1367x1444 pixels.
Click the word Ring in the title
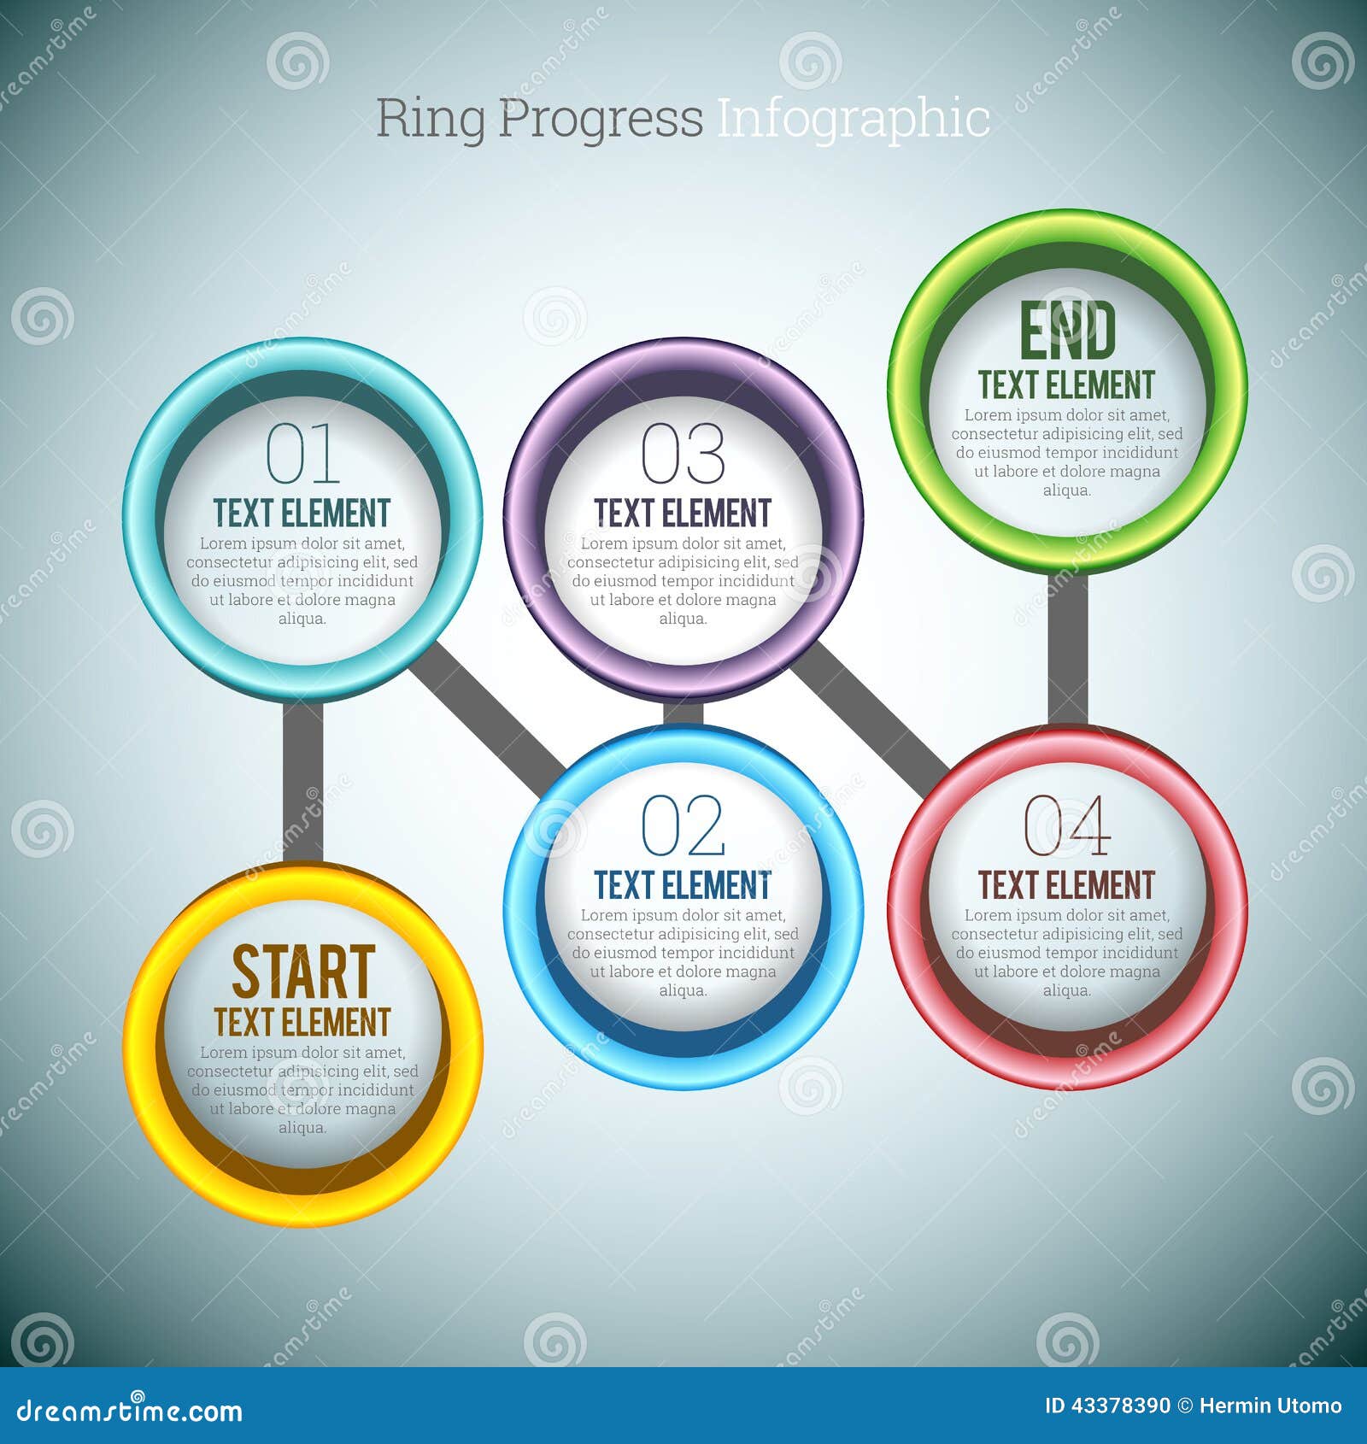click(430, 119)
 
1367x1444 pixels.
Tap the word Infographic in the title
click(853, 119)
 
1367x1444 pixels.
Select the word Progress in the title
click(600, 119)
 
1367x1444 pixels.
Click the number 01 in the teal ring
click(302, 454)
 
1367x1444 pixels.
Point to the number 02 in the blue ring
click(683, 825)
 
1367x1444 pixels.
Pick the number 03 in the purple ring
click(683, 454)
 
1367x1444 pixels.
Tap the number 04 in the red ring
click(1066, 825)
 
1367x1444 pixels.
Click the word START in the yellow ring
click(302, 972)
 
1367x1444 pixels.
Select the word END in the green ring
click(1067, 332)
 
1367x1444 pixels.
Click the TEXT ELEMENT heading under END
click(1066, 385)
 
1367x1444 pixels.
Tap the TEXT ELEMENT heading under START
click(302, 1023)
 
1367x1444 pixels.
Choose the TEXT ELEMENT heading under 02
click(683, 886)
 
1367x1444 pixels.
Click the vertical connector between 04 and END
click(1067, 649)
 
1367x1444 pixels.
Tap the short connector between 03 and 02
click(683, 713)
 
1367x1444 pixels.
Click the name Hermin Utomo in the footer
click(1270, 1406)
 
